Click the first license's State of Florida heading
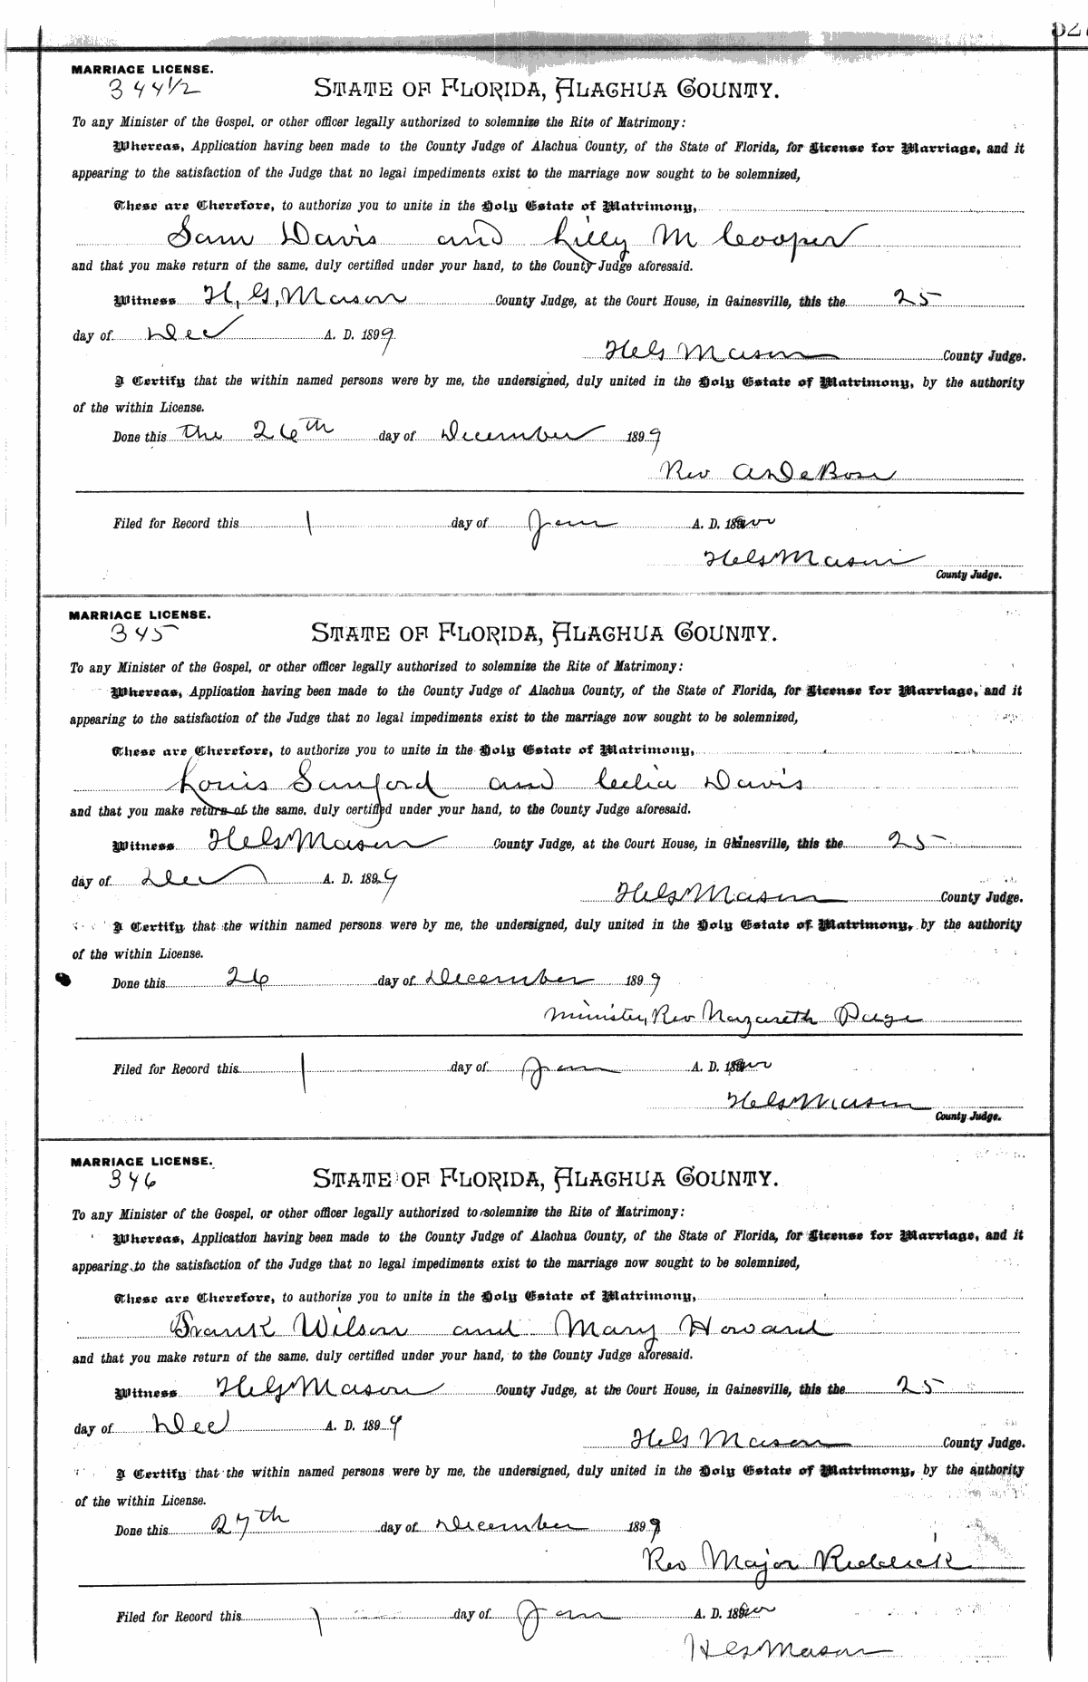tap(546, 89)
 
